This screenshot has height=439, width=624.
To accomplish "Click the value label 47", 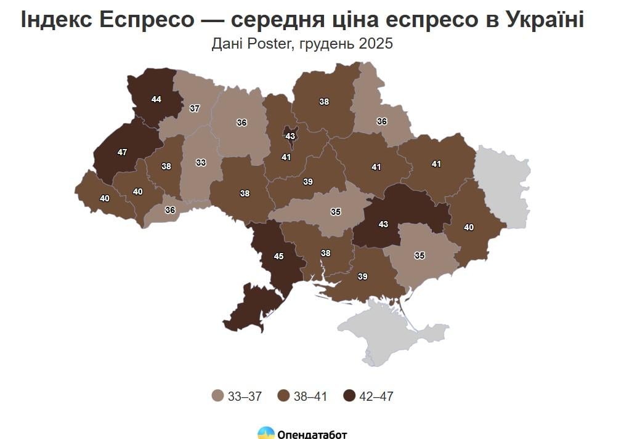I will point(122,151).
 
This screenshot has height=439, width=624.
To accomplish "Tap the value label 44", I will point(156,99).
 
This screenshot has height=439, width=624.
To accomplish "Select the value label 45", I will point(278,256).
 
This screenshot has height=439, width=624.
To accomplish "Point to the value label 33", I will point(201,163).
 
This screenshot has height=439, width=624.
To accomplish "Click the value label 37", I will point(195,108).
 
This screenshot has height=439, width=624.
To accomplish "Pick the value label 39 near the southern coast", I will point(363,277).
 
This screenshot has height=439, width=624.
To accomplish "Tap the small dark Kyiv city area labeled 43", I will point(290,135).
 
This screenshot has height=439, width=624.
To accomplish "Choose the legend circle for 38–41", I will point(283,396).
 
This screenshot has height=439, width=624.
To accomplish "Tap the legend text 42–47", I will point(376,397).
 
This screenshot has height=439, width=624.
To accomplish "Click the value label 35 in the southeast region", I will point(419,255).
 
